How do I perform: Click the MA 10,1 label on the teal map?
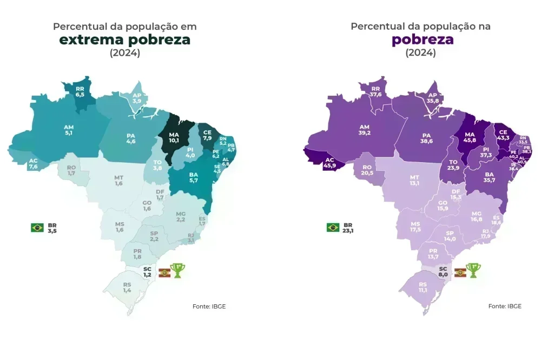(x=174, y=137)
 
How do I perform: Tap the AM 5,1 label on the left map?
(x=69, y=130)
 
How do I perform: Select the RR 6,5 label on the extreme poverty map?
(x=80, y=91)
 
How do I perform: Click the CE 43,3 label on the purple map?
(x=503, y=135)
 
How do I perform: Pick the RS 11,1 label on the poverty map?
(x=423, y=287)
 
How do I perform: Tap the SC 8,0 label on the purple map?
(x=443, y=271)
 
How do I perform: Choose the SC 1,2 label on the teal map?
(x=147, y=271)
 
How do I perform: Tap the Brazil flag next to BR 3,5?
(x=37, y=228)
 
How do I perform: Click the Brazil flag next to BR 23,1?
(x=333, y=228)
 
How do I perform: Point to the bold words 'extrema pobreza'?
(x=125, y=39)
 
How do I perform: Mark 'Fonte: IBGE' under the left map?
(x=209, y=306)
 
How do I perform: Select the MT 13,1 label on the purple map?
(x=414, y=180)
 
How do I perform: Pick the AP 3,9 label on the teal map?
(x=137, y=98)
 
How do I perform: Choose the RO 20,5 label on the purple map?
(x=368, y=169)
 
